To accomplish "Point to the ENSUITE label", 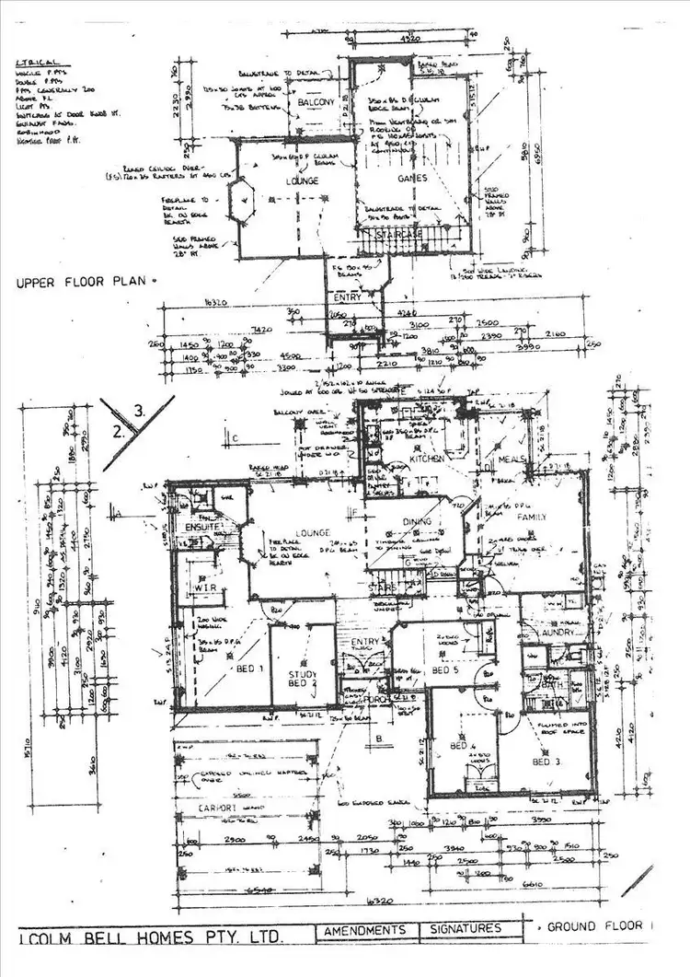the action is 201,528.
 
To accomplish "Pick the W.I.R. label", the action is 204,587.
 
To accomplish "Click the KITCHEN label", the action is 428,458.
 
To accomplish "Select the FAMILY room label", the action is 531,518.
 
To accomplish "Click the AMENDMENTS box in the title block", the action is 365,930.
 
